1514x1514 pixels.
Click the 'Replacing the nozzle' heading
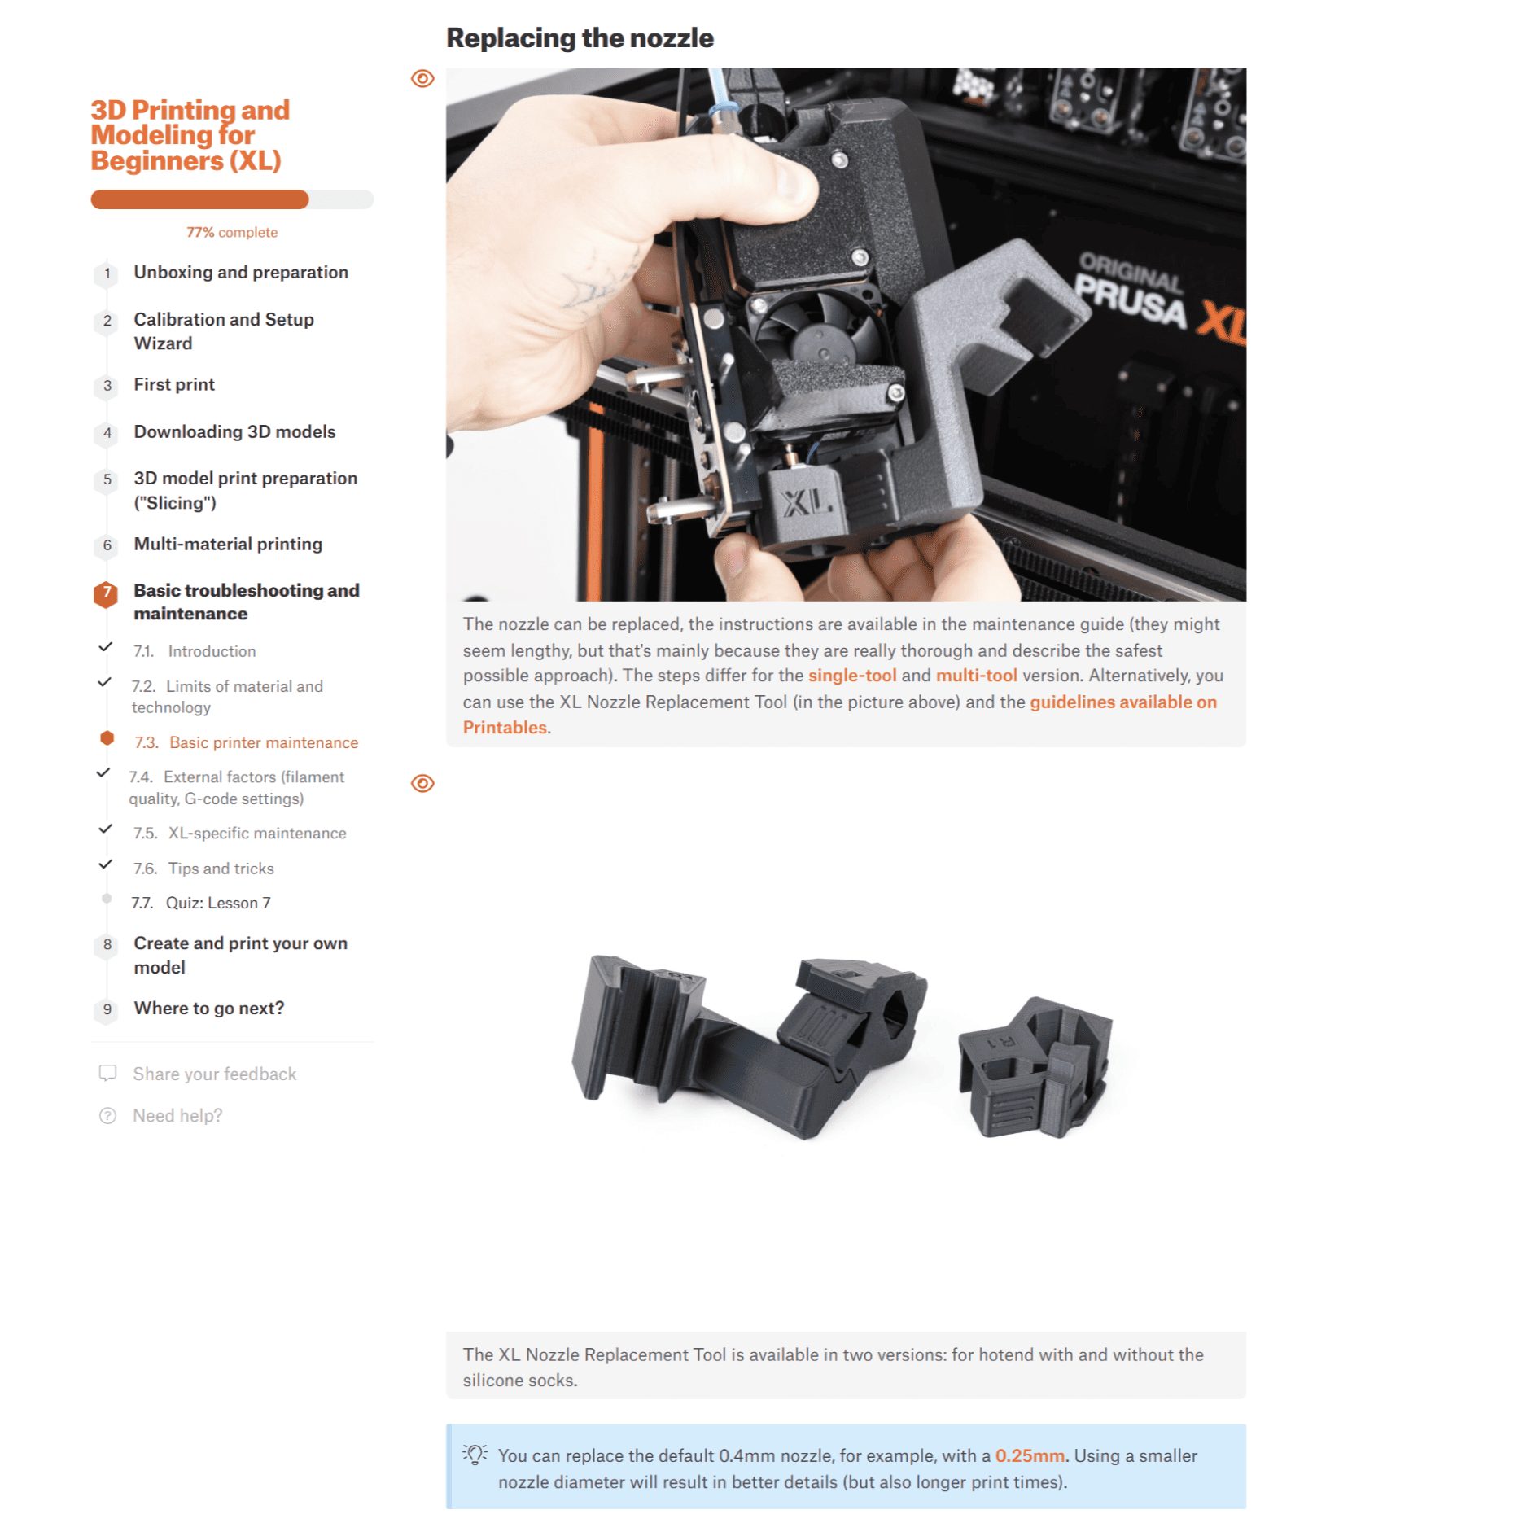(579, 38)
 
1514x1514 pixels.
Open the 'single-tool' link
(851, 676)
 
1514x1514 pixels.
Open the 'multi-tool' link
(976, 676)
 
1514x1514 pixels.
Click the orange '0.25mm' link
(1029, 1455)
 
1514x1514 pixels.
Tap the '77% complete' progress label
(232, 232)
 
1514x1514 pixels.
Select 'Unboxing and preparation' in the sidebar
(241, 272)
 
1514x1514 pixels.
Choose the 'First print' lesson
(174, 384)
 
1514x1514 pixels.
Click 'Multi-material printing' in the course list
(228, 544)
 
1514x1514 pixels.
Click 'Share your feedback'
(214, 1074)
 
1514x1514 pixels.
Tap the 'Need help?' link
(177, 1115)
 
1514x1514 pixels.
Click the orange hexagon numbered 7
(106, 593)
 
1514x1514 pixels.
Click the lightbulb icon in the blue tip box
(475, 1455)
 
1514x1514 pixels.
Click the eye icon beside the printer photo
(422, 79)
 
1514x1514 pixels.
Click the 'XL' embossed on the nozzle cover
(805, 503)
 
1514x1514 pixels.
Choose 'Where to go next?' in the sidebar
(209, 1008)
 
